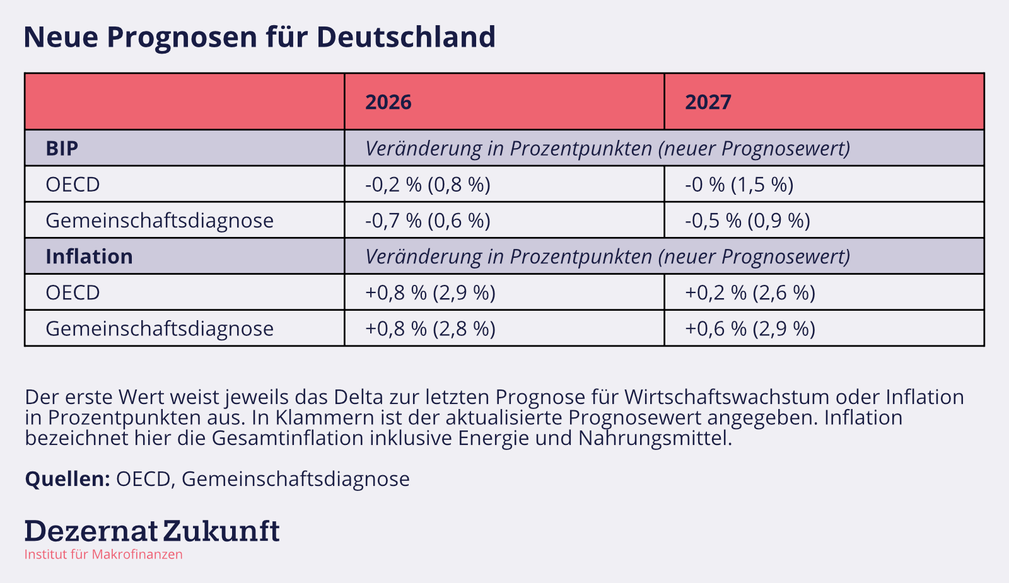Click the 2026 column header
click(388, 102)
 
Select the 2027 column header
click(708, 102)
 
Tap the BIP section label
click(62, 148)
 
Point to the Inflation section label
click(89, 257)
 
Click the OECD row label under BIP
click(73, 185)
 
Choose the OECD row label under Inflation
click(73, 293)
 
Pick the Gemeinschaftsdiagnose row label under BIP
click(160, 221)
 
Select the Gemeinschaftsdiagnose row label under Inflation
click(160, 329)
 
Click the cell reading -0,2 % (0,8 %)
click(428, 185)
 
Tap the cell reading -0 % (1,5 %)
click(739, 185)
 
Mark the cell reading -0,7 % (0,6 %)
click(428, 221)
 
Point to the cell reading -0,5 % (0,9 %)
click(747, 221)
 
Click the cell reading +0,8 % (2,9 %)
click(430, 293)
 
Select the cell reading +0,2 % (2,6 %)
click(750, 293)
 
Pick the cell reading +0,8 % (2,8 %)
click(430, 329)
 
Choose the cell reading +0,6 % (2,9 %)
click(750, 329)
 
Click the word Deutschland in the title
click(405, 37)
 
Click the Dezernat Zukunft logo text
click(152, 531)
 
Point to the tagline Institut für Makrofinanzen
click(103, 555)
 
